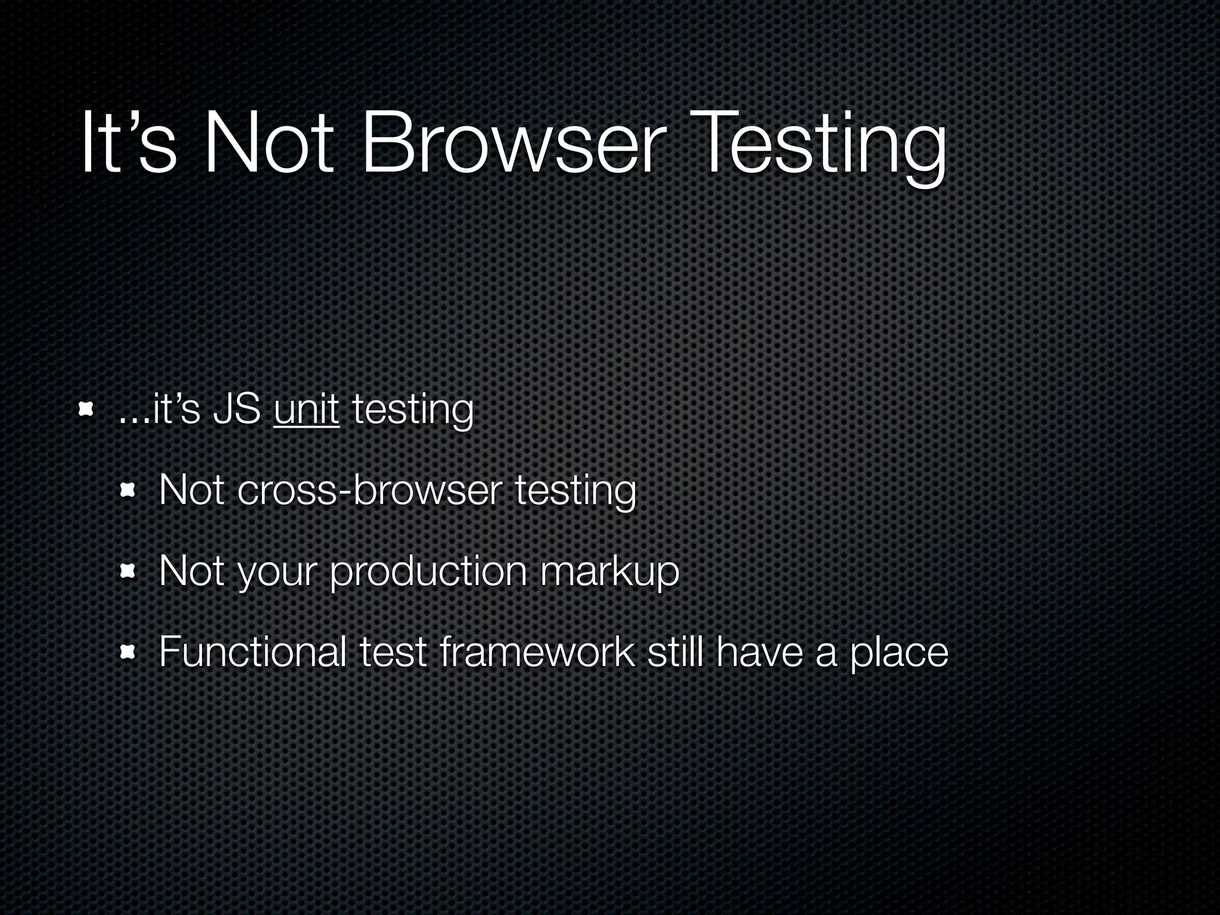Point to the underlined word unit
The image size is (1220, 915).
[x=306, y=410]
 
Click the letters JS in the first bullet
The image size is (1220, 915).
[x=236, y=410]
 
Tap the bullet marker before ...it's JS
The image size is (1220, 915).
[x=86, y=409]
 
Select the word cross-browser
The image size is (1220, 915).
[x=367, y=491]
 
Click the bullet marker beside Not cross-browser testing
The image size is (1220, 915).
[x=127, y=491]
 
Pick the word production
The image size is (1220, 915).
[x=428, y=571]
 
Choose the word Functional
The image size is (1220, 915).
[x=253, y=652]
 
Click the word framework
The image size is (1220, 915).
[x=536, y=652]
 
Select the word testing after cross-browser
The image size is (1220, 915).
[x=575, y=491]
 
